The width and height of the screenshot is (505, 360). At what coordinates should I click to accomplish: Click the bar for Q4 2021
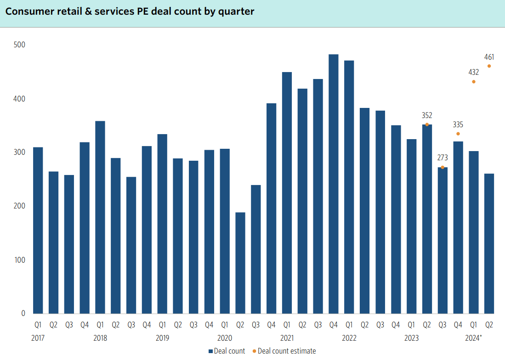coord(333,184)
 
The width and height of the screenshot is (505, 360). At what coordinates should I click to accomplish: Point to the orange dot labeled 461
coord(489,66)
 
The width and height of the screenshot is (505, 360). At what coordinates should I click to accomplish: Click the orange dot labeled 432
coord(473,82)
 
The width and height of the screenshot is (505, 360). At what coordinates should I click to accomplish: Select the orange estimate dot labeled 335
coord(458,134)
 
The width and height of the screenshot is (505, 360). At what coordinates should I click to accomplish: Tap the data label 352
coord(427,115)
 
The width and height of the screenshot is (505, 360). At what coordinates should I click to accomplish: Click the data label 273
coord(443,157)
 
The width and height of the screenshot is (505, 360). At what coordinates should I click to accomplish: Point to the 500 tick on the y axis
coord(19,45)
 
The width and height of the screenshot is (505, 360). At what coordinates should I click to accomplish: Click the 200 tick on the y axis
coord(19,206)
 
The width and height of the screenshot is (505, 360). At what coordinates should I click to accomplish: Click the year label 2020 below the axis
coord(224,338)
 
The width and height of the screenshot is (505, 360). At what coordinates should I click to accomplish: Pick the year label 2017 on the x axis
coord(38,338)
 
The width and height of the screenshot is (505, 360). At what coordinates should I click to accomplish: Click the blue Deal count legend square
coord(210,351)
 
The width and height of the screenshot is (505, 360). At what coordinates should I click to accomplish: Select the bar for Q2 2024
coord(489,243)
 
